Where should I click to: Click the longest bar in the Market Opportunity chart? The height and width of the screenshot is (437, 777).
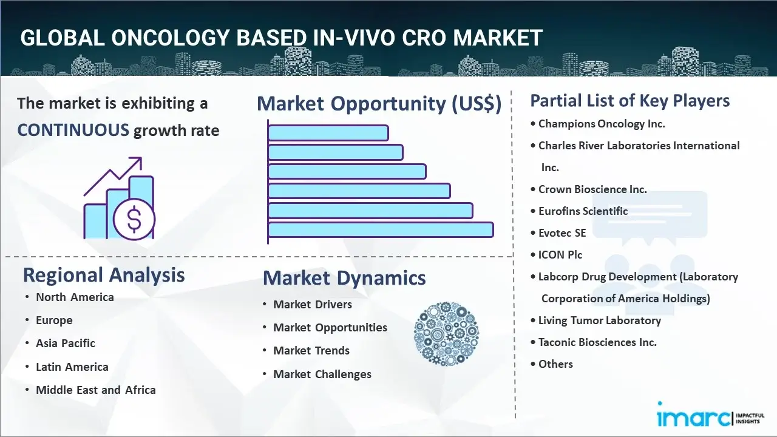pyautogui.click(x=381, y=229)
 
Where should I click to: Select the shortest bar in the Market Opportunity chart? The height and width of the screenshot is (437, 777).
pyautogui.click(x=328, y=132)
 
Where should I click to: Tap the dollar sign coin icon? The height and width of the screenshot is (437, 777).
pyautogui.click(x=134, y=218)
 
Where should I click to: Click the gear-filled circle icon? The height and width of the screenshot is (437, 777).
pyautogui.click(x=446, y=334)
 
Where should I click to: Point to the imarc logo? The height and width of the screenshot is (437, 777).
pyautogui.click(x=692, y=417)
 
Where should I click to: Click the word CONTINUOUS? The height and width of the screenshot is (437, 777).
pyautogui.click(x=73, y=130)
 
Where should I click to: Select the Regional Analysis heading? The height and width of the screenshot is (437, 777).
pyautogui.click(x=104, y=275)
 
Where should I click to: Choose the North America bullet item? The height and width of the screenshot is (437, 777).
pyautogui.click(x=75, y=297)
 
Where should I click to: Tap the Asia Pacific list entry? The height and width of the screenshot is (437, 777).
pyautogui.click(x=66, y=343)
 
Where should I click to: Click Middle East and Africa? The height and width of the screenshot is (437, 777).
pyautogui.click(x=96, y=390)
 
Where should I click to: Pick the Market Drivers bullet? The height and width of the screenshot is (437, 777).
pyautogui.click(x=313, y=304)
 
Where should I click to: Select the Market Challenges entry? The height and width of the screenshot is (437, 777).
pyautogui.click(x=322, y=374)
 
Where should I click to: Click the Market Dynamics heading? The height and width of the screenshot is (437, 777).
pyautogui.click(x=344, y=278)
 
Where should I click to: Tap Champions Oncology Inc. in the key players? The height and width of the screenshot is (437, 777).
pyautogui.click(x=602, y=124)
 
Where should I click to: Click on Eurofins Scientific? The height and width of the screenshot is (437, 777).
pyautogui.click(x=583, y=211)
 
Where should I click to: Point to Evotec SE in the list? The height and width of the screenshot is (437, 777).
pyautogui.click(x=562, y=233)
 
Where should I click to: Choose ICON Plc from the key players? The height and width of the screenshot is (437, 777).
pyautogui.click(x=560, y=255)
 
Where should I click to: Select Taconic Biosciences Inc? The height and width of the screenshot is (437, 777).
pyautogui.click(x=597, y=342)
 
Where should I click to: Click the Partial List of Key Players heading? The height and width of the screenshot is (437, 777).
pyautogui.click(x=630, y=101)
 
